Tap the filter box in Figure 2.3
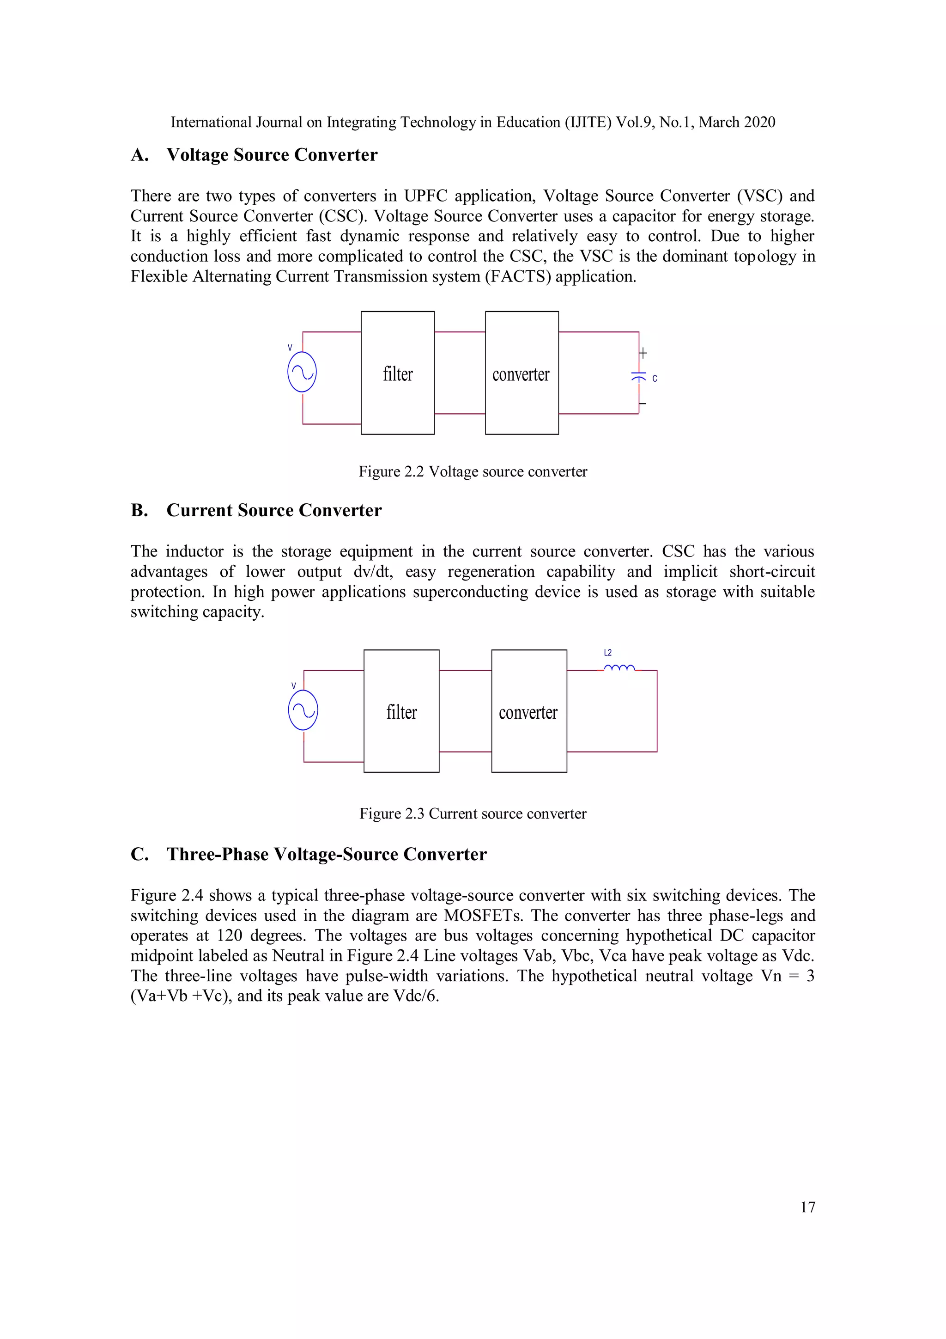(x=401, y=711)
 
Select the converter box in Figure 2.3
(x=529, y=711)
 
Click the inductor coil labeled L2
(x=619, y=668)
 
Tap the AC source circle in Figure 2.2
(x=302, y=372)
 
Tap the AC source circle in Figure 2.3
(x=303, y=710)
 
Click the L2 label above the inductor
(x=607, y=653)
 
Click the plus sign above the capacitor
(x=643, y=353)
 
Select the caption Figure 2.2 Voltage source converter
(x=473, y=471)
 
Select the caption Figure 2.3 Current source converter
(x=473, y=813)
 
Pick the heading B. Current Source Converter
(x=256, y=510)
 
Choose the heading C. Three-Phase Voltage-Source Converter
(x=309, y=854)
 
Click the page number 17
(x=807, y=1207)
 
